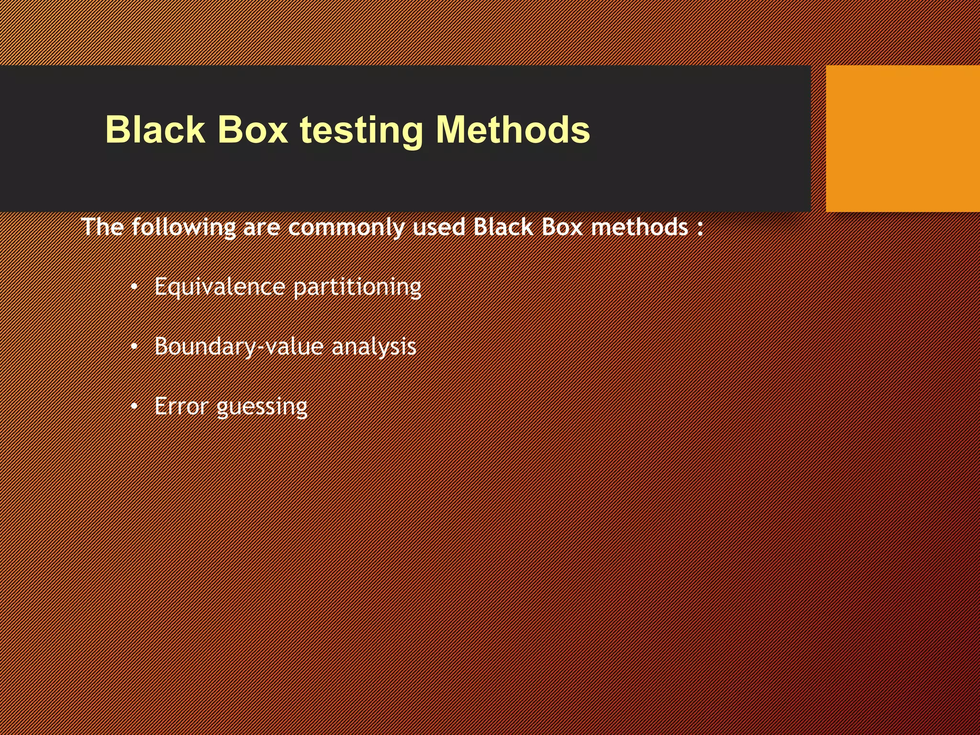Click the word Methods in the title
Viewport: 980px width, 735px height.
point(513,130)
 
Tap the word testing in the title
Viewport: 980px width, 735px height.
point(361,131)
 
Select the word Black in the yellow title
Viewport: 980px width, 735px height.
point(155,130)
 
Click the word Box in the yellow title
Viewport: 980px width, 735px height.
point(252,130)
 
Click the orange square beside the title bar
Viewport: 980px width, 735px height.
point(902,139)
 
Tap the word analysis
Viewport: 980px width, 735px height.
point(374,347)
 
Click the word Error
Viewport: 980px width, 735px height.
point(181,407)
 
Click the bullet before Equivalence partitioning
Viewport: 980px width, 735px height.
point(134,287)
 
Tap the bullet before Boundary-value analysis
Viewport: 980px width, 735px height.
point(134,346)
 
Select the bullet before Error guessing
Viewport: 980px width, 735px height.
point(134,407)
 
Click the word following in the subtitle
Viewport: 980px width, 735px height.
point(184,227)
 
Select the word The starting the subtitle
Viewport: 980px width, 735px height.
point(102,227)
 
